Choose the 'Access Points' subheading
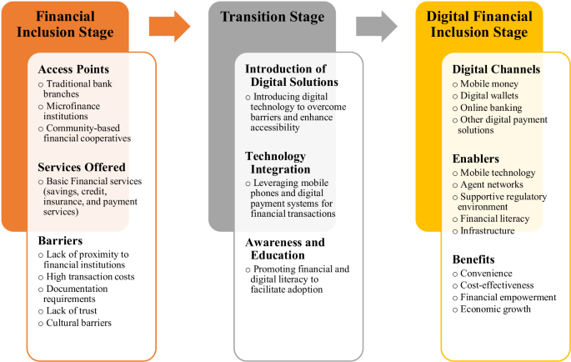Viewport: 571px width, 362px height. pos(73,69)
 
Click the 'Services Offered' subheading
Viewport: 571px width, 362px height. pos(81,166)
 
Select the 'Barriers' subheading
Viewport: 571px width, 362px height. pos(59,240)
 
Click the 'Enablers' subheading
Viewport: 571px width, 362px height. pos(476,157)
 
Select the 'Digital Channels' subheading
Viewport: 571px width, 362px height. pos(496,69)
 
